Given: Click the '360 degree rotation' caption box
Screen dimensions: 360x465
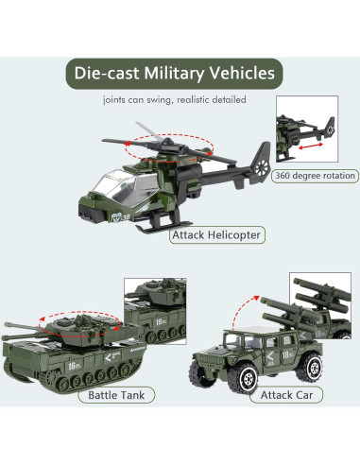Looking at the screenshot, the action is (x=315, y=175).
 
